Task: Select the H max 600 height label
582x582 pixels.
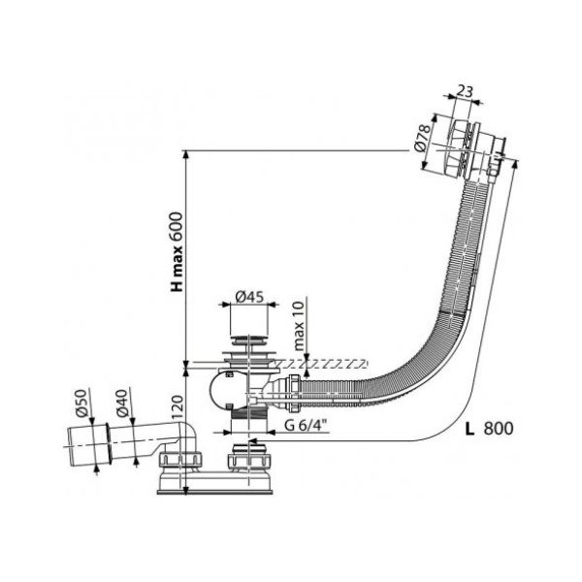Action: (x=176, y=251)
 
